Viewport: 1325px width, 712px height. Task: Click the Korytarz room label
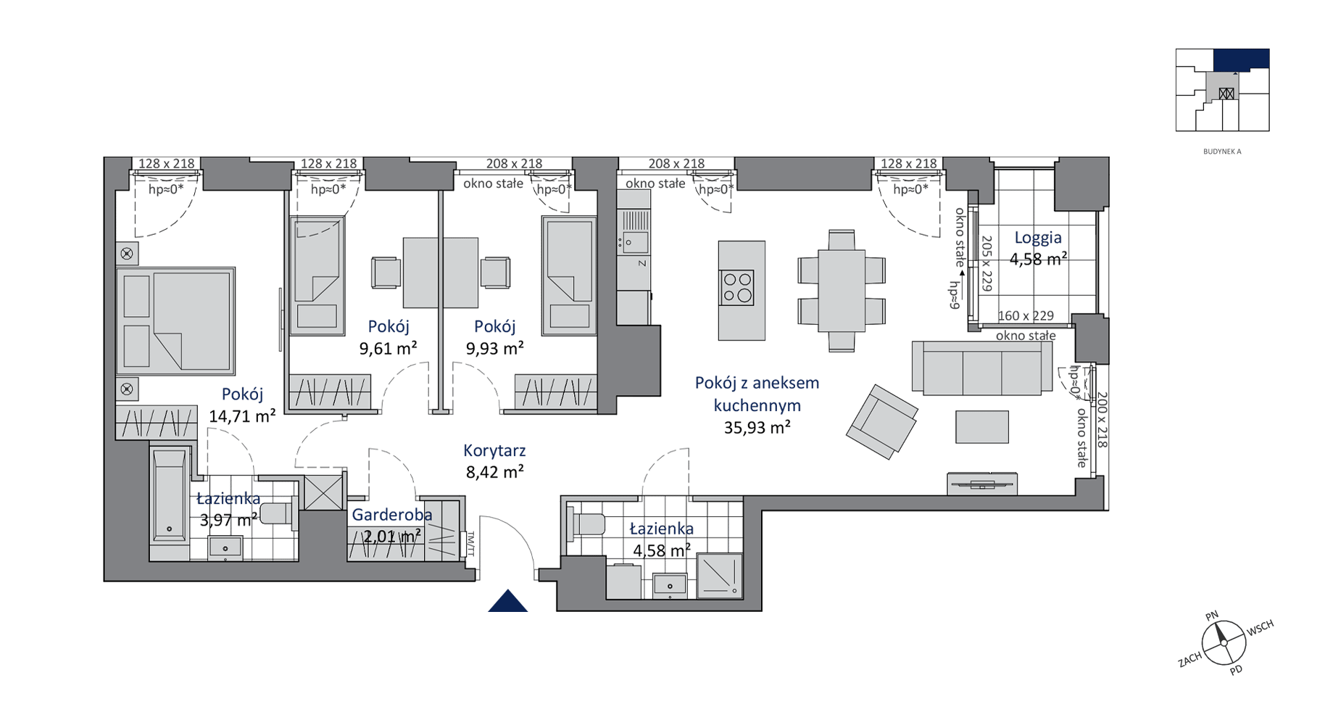coord(494,450)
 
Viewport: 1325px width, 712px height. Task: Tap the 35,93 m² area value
coord(757,428)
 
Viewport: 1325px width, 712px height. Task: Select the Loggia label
coord(1038,238)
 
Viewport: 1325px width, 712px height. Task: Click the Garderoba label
coord(392,515)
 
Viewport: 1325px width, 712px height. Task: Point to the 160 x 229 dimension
coord(1026,316)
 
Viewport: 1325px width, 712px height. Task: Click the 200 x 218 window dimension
coord(1102,420)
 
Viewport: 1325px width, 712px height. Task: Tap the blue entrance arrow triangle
coord(507,601)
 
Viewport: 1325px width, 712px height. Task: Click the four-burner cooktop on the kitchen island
coord(737,287)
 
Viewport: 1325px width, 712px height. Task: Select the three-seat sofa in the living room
coord(982,368)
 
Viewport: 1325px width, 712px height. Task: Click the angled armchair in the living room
coord(882,421)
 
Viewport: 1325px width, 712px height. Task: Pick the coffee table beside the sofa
coord(982,426)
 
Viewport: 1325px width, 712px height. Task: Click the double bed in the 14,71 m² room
coord(175,320)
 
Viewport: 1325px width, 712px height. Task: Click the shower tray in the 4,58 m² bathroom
coord(720,576)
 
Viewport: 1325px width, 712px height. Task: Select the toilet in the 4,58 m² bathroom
coord(586,523)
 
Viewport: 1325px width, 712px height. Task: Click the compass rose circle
coord(1224,643)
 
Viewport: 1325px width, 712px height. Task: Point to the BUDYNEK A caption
coord(1222,152)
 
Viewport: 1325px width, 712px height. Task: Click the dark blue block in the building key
coord(1242,60)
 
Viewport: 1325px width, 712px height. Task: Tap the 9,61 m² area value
coord(388,349)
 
